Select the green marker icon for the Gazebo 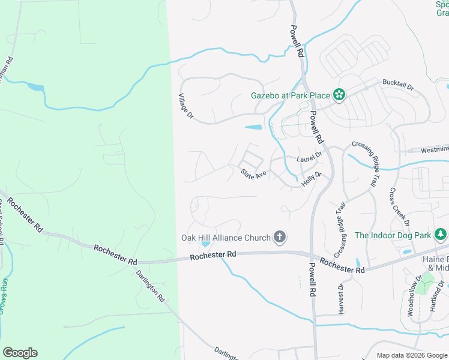pyautogui.click(x=339, y=94)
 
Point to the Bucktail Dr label pyautogui.click(x=399, y=86)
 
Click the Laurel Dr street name pyautogui.click(x=309, y=157)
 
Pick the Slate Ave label pyautogui.click(x=253, y=174)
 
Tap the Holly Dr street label pyautogui.click(x=312, y=179)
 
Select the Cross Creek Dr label pyautogui.click(x=399, y=208)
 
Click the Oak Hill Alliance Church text pyautogui.click(x=226, y=238)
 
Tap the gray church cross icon pyautogui.click(x=279, y=237)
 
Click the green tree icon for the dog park pyautogui.click(x=441, y=233)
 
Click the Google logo pyautogui.click(x=20, y=353)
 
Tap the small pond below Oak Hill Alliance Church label pyautogui.click(x=206, y=244)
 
